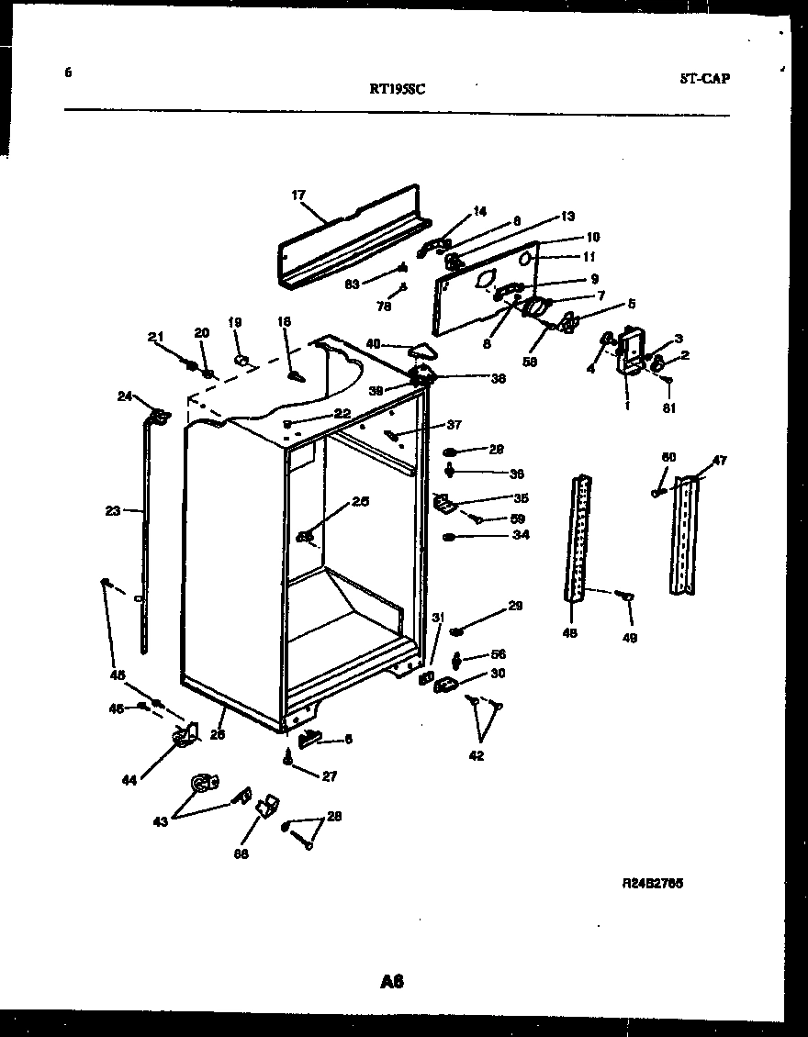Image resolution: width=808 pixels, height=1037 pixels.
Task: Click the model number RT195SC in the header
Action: point(397,89)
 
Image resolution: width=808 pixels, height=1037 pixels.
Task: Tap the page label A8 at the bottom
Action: point(392,981)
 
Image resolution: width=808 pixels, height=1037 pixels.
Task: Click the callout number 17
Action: point(297,195)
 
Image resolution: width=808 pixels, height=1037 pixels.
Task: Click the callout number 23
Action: point(112,511)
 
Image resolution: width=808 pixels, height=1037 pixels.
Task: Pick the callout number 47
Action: point(719,461)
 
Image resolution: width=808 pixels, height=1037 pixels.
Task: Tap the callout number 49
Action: point(630,638)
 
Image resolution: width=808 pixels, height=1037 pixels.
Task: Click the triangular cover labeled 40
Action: point(421,349)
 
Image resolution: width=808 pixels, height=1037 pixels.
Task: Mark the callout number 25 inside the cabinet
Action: point(360,501)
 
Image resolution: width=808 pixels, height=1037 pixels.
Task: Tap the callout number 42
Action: point(476,755)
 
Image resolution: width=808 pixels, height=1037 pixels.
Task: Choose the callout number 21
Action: point(155,337)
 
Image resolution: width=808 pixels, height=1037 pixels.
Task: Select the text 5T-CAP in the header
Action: point(704,79)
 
